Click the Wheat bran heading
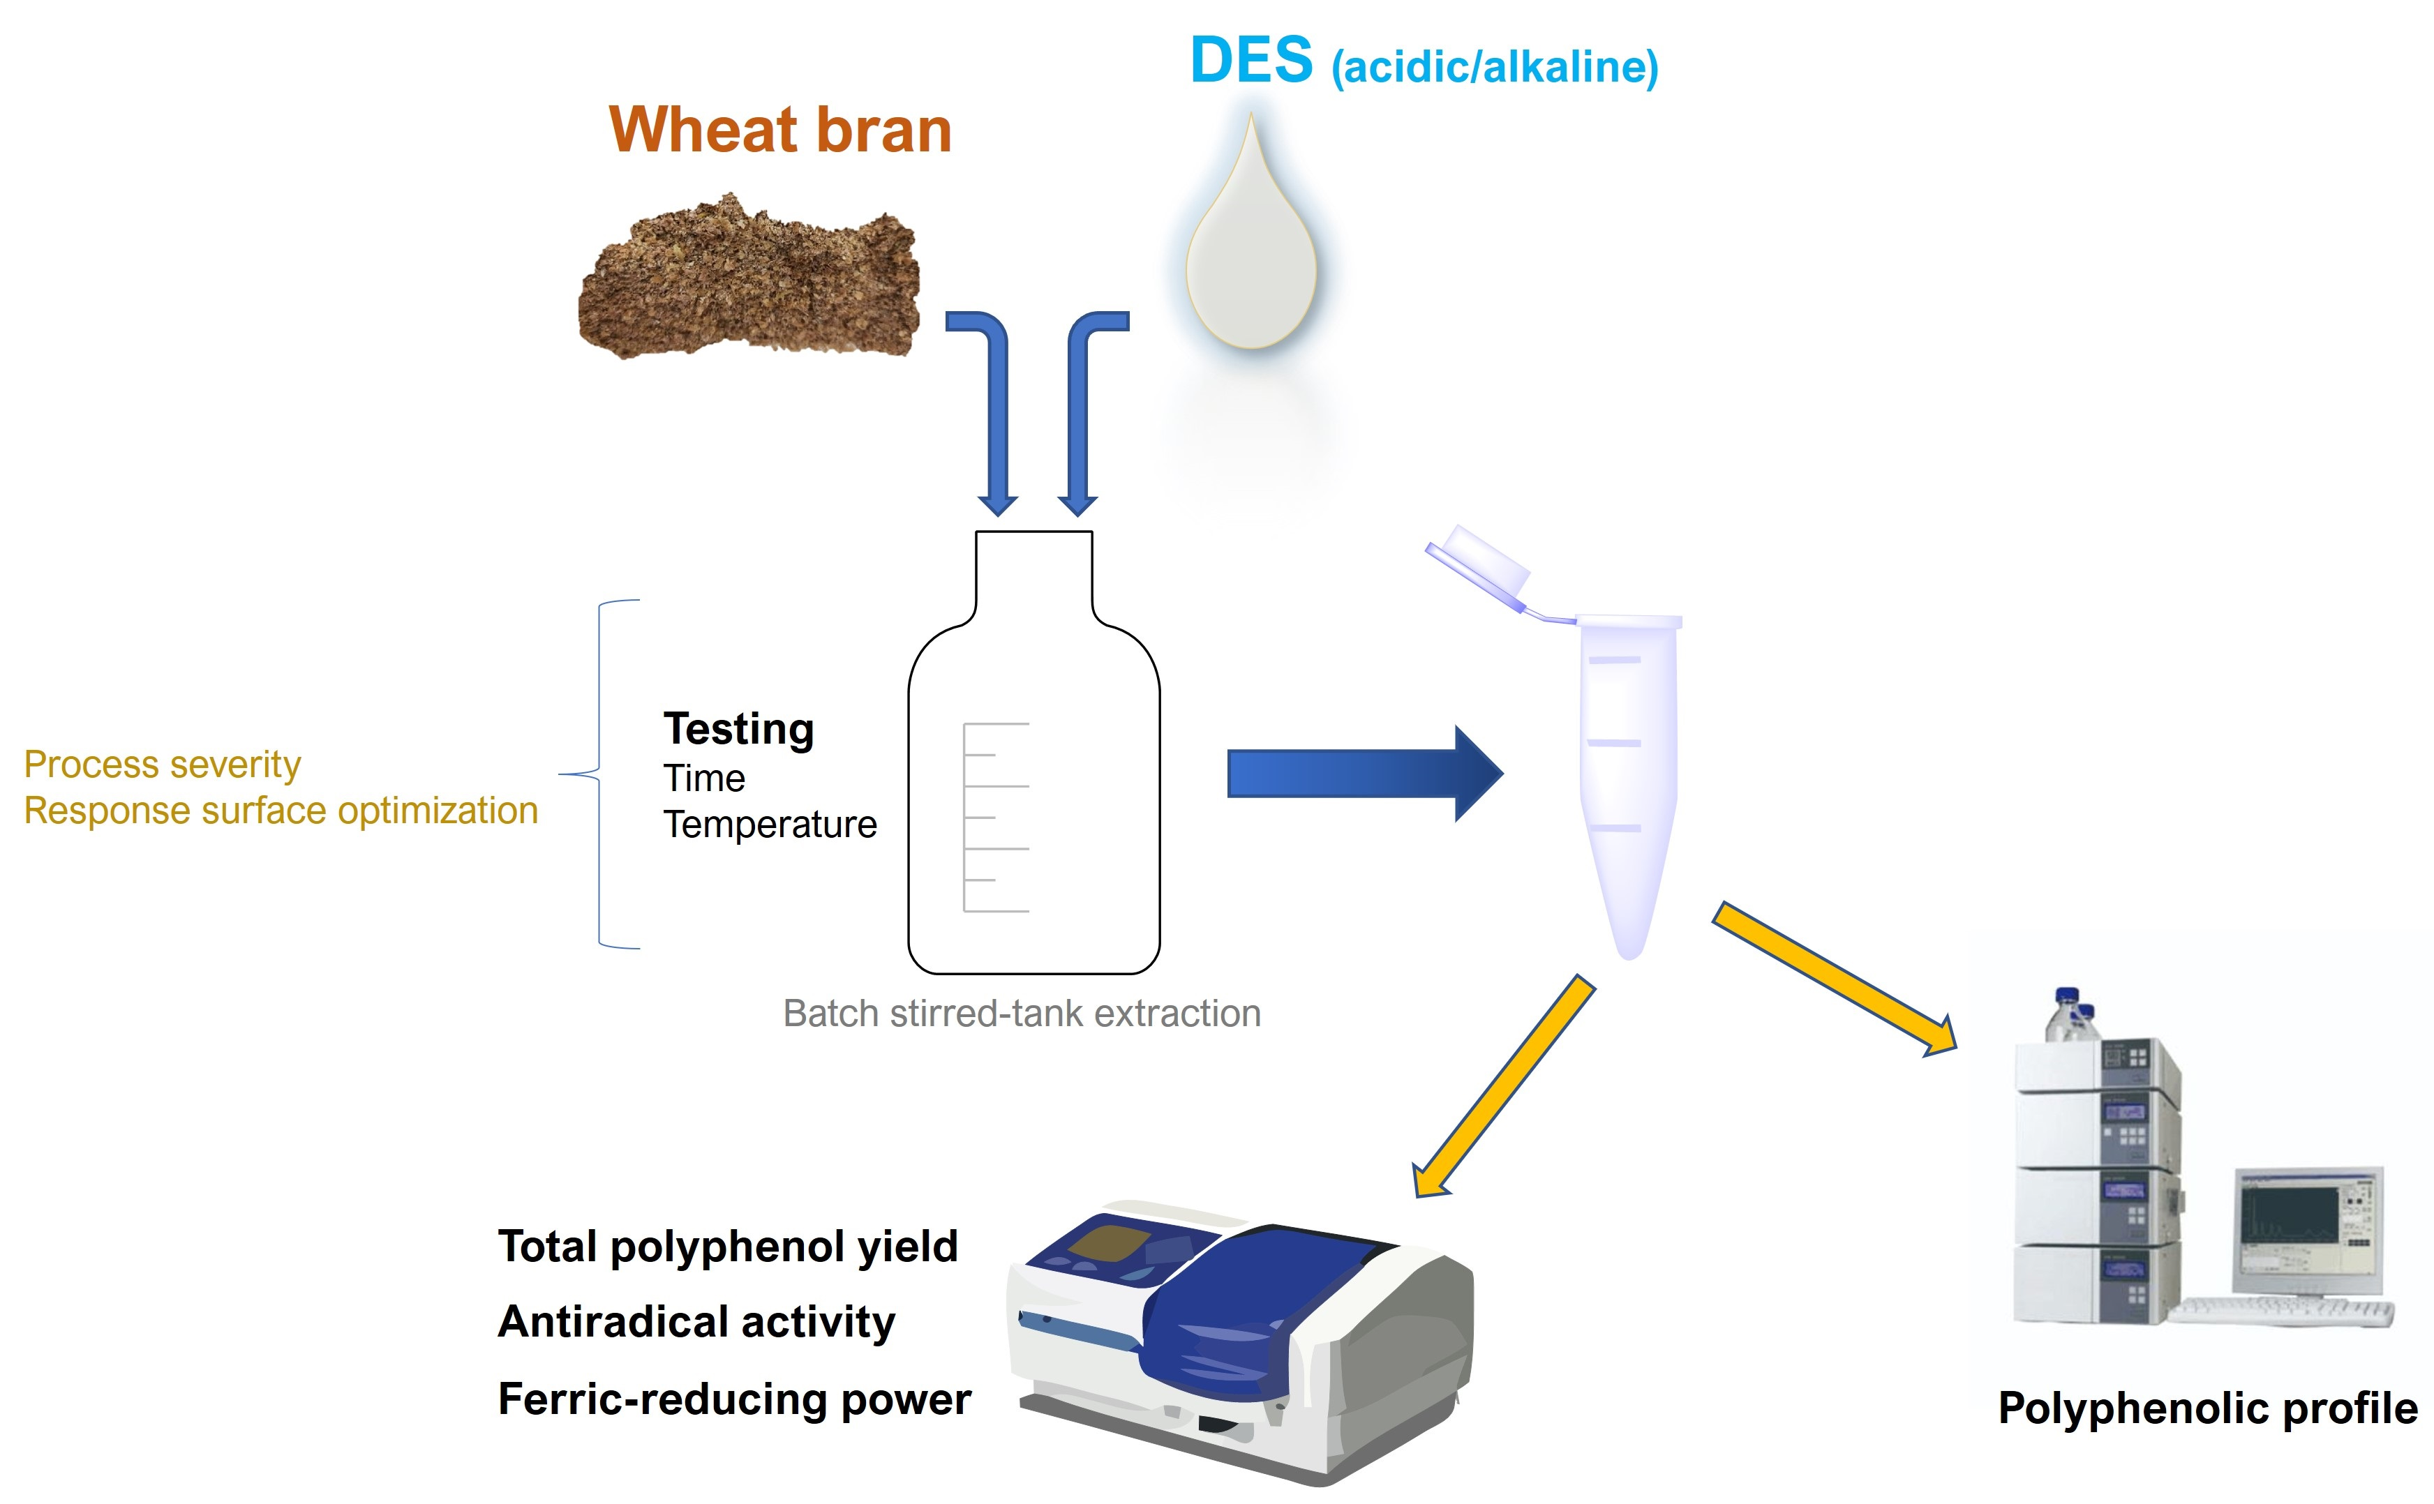(x=780, y=130)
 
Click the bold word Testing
(x=738, y=729)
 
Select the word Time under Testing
(x=703, y=778)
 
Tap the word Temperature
(x=769, y=825)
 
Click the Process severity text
(x=162, y=764)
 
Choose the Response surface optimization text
(x=281, y=811)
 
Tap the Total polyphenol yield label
(x=727, y=1247)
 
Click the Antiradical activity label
(x=696, y=1322)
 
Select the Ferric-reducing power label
(x=734, y=1399)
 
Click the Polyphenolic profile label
(x=2207, y=1408)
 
